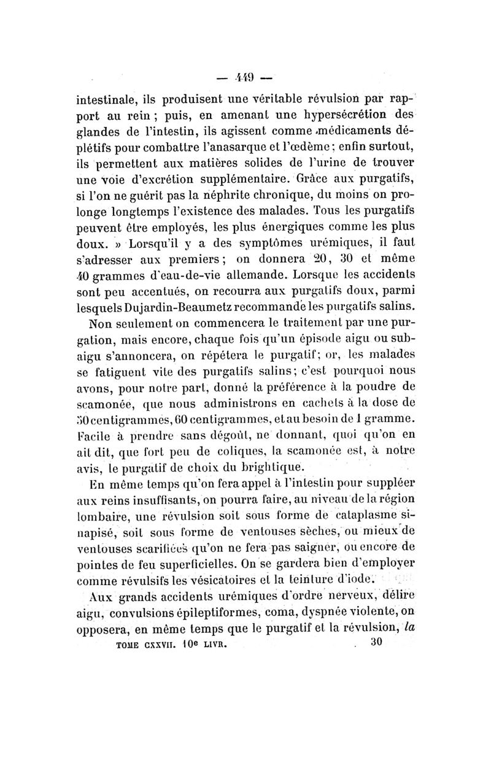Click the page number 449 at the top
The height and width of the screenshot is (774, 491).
coord(246,79)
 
